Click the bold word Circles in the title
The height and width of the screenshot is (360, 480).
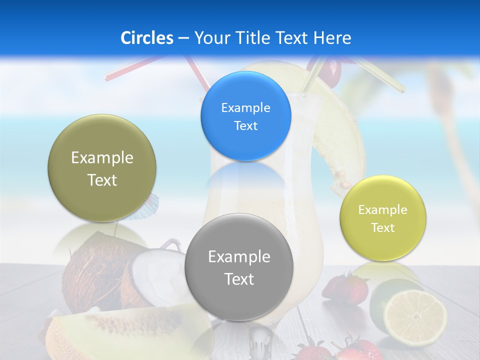146,38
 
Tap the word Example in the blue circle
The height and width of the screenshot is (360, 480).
245,107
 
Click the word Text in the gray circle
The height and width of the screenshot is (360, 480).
239,279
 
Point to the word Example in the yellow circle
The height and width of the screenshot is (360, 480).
382,209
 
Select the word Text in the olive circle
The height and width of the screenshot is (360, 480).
102,180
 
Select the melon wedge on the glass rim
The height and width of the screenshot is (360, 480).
340,130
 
